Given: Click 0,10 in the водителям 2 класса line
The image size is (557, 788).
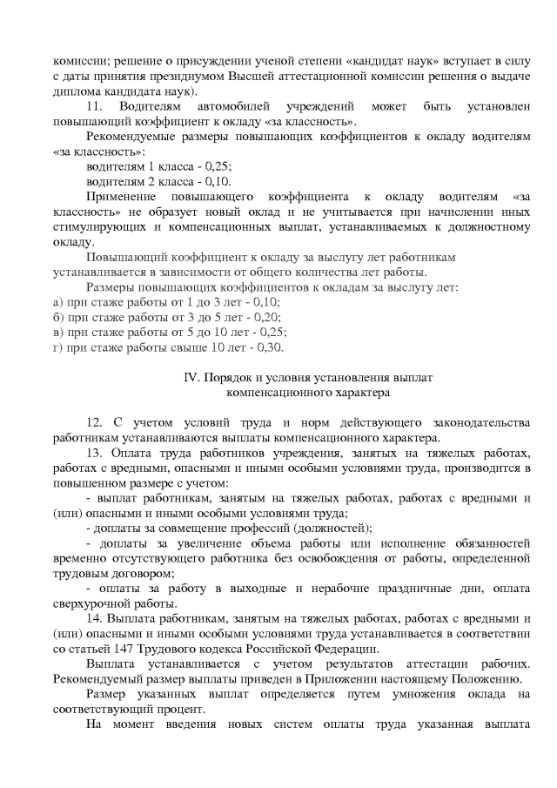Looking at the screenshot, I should pyautogui.click(x=218, y=182).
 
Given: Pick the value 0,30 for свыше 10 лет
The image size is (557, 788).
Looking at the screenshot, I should pyautogui.click(x=271, y=347).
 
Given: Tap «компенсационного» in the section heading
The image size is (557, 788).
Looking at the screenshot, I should pyautogui.click(x=252, y=393).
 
